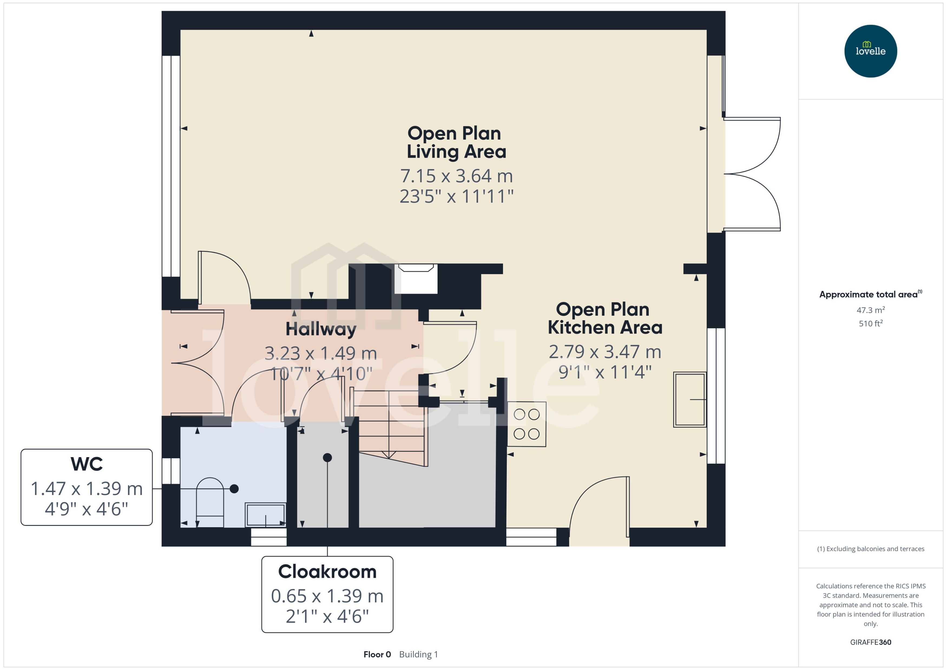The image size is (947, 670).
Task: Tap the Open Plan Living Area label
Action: click(x=456, y=142)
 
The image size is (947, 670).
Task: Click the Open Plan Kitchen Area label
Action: click(x=604, y=318)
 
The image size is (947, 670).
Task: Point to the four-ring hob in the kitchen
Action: click(x=527, y=424)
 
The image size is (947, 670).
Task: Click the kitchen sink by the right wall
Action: click(x=689, y=399)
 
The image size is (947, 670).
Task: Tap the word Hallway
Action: click(x=321, y=329)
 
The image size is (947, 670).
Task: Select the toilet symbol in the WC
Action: click(x=210, y=501)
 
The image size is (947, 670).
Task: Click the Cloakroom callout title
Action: click(x=327, y=572)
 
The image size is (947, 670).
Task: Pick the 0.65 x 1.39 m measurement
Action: click(x=327, y=596)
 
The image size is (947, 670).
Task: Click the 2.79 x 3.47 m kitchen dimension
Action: click(x=604, y=352)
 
